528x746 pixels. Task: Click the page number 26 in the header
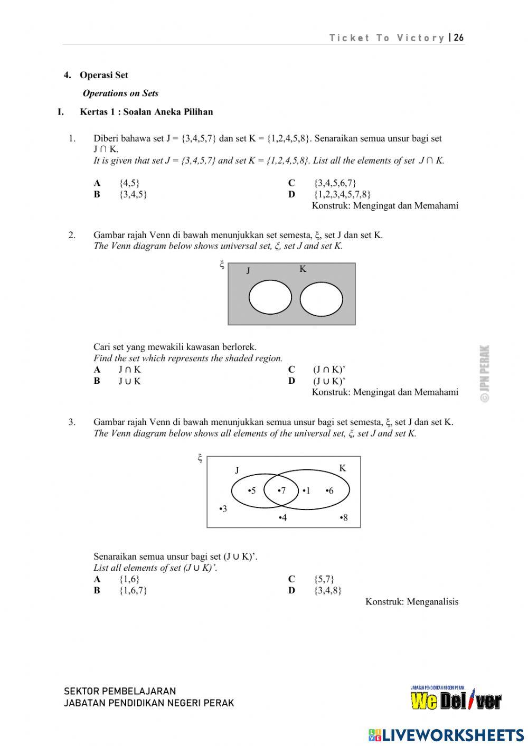pos(459,37)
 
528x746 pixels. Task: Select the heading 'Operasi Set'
pos(103,75)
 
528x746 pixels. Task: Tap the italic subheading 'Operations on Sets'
pos(120,93)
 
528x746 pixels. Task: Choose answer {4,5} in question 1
pos(129,183)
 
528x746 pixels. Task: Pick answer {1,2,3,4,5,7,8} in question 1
pos(342,194)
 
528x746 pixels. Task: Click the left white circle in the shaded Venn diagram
pos(270,298)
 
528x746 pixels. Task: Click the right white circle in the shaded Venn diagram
pos(321,299)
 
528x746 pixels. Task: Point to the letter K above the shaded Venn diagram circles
pos(303,269)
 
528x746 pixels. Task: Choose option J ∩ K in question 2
pos(129,370)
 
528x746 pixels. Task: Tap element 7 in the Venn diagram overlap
pos(282,490)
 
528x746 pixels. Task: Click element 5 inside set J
pos(252,490)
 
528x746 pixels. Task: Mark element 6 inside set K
pos(330,490)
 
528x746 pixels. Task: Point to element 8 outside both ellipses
pos(344,517)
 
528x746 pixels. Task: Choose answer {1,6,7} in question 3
pos(133,590)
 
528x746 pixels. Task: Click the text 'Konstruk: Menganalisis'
pos(412,601)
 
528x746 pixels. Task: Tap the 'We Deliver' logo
pos(456,700)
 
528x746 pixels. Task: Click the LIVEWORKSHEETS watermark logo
pos(446,735)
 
